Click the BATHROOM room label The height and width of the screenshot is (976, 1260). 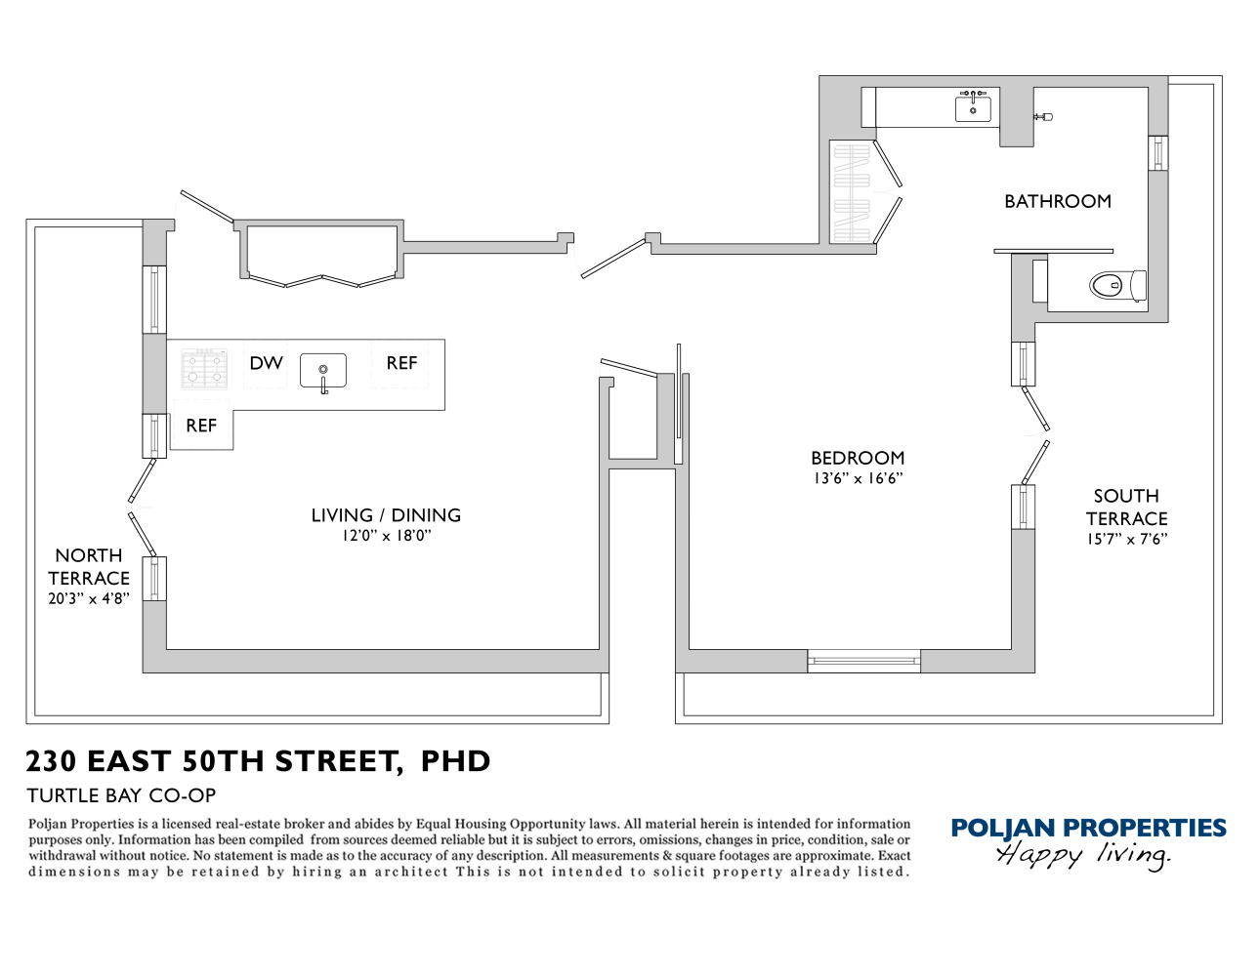tap(1057, 202)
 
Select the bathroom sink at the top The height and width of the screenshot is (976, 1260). tap(973, 107)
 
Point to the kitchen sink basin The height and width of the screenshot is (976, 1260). tap(322, 371)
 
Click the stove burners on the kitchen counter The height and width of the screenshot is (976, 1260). tap(204, 368)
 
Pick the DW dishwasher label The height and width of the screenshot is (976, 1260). tap(266, 363)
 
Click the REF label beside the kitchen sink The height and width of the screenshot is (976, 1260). tap(401, 363)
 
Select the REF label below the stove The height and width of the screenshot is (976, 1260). tap(201, 426)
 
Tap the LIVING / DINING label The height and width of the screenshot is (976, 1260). tap(386, 515)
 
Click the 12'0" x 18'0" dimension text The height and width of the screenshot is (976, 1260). tap(386, 536)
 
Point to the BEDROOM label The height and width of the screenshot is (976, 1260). tap(858, 458)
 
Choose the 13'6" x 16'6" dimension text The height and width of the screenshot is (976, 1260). tap(858, 478)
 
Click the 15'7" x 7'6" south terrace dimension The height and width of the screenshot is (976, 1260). tap(1126, 540)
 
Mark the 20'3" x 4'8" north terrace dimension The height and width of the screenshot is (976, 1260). tap(88, 598)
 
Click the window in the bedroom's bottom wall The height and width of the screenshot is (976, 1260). tap(864, 662)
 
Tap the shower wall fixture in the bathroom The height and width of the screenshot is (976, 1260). tap(1042, 117)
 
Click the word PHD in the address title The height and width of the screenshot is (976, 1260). tap(455, 761)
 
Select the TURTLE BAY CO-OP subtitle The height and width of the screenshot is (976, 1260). tap(121, 795)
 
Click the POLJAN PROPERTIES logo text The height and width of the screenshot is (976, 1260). tap(1088, 829)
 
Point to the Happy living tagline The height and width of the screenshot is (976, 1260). tap(1082, 855)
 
